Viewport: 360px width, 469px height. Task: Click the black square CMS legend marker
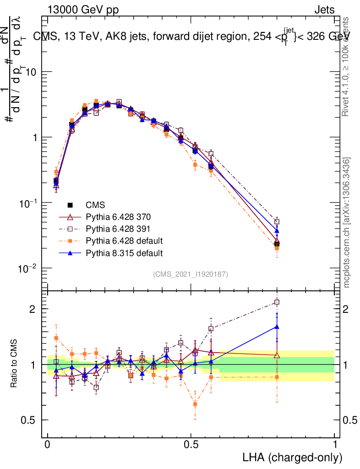click(70, 205)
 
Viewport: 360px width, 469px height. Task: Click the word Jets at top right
click(324, 10)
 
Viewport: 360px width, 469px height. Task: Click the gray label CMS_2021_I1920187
click(191, 274)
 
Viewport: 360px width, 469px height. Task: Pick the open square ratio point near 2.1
click(277, 302)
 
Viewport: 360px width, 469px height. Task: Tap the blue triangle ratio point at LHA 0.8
click(277, 327)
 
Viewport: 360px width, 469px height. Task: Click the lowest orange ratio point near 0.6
click(196, 404)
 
